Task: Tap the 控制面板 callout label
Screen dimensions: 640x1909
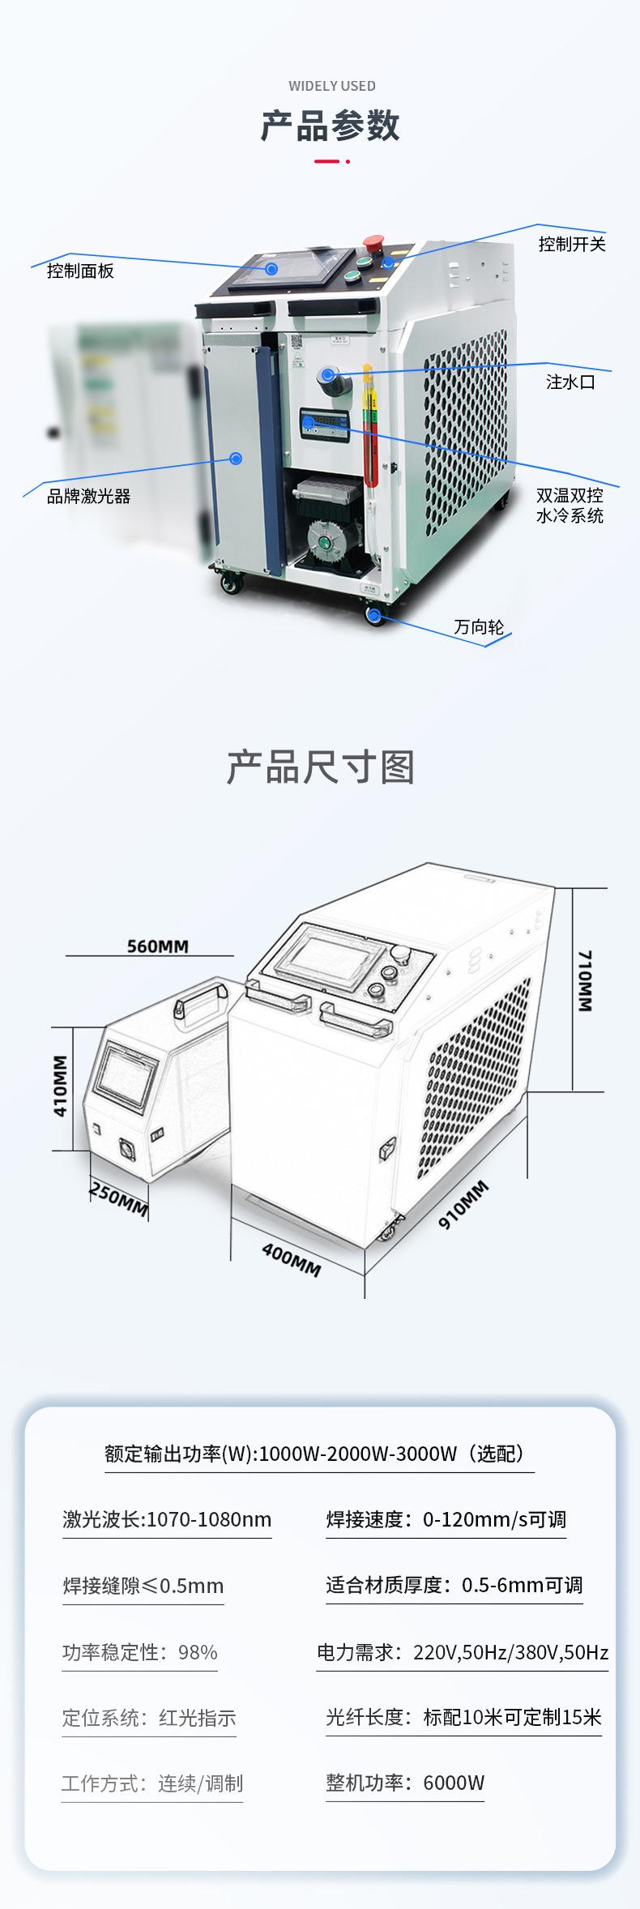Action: point(80,271)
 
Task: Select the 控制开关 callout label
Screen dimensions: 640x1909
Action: point(572,244)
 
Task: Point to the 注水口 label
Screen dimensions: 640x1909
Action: point(571,382)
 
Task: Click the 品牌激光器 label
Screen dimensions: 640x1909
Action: point(88,496)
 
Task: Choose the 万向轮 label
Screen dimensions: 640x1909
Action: point(479,626)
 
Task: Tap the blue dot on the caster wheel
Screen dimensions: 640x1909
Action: point(374,616)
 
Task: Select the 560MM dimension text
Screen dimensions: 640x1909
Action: point(157,946)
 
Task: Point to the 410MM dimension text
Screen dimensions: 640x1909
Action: point(61,1085)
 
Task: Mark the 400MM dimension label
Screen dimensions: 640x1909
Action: point(291,1258)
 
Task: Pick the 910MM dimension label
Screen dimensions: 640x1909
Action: point(463,1205)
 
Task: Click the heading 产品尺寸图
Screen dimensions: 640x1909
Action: point(320,767)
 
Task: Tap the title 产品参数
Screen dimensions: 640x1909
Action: point(331,126)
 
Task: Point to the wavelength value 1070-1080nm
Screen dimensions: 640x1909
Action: point(209,1519)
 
